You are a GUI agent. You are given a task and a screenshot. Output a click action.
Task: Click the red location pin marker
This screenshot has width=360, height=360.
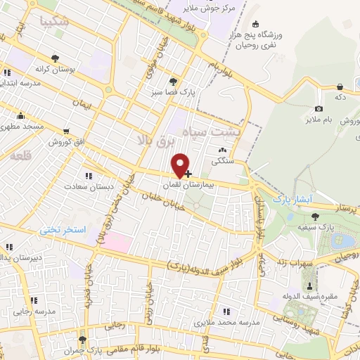coord(181,165)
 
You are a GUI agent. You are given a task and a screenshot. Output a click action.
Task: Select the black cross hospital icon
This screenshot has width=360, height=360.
coord(188,173)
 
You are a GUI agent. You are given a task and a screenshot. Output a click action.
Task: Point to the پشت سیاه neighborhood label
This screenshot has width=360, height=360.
coord(217,131)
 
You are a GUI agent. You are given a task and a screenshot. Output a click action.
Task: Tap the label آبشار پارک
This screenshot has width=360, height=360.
coord(293,199)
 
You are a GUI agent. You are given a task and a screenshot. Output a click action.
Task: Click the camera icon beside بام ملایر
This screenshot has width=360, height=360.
coord(319,108)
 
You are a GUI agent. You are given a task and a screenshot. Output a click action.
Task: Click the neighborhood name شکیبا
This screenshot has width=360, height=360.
coord(56,22)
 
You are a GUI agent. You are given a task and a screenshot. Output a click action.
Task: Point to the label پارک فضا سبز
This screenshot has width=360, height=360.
coord(169,91)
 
